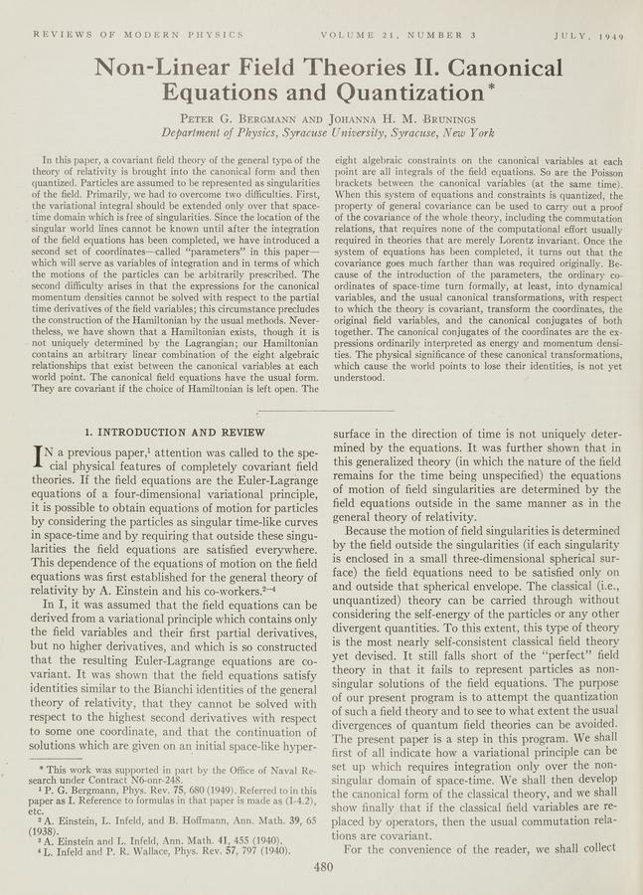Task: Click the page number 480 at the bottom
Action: point(321,866)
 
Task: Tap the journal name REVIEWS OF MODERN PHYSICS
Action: point(138,35)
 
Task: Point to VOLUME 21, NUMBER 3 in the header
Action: point(399,35)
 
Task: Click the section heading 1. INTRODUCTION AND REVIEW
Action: point(175,433)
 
